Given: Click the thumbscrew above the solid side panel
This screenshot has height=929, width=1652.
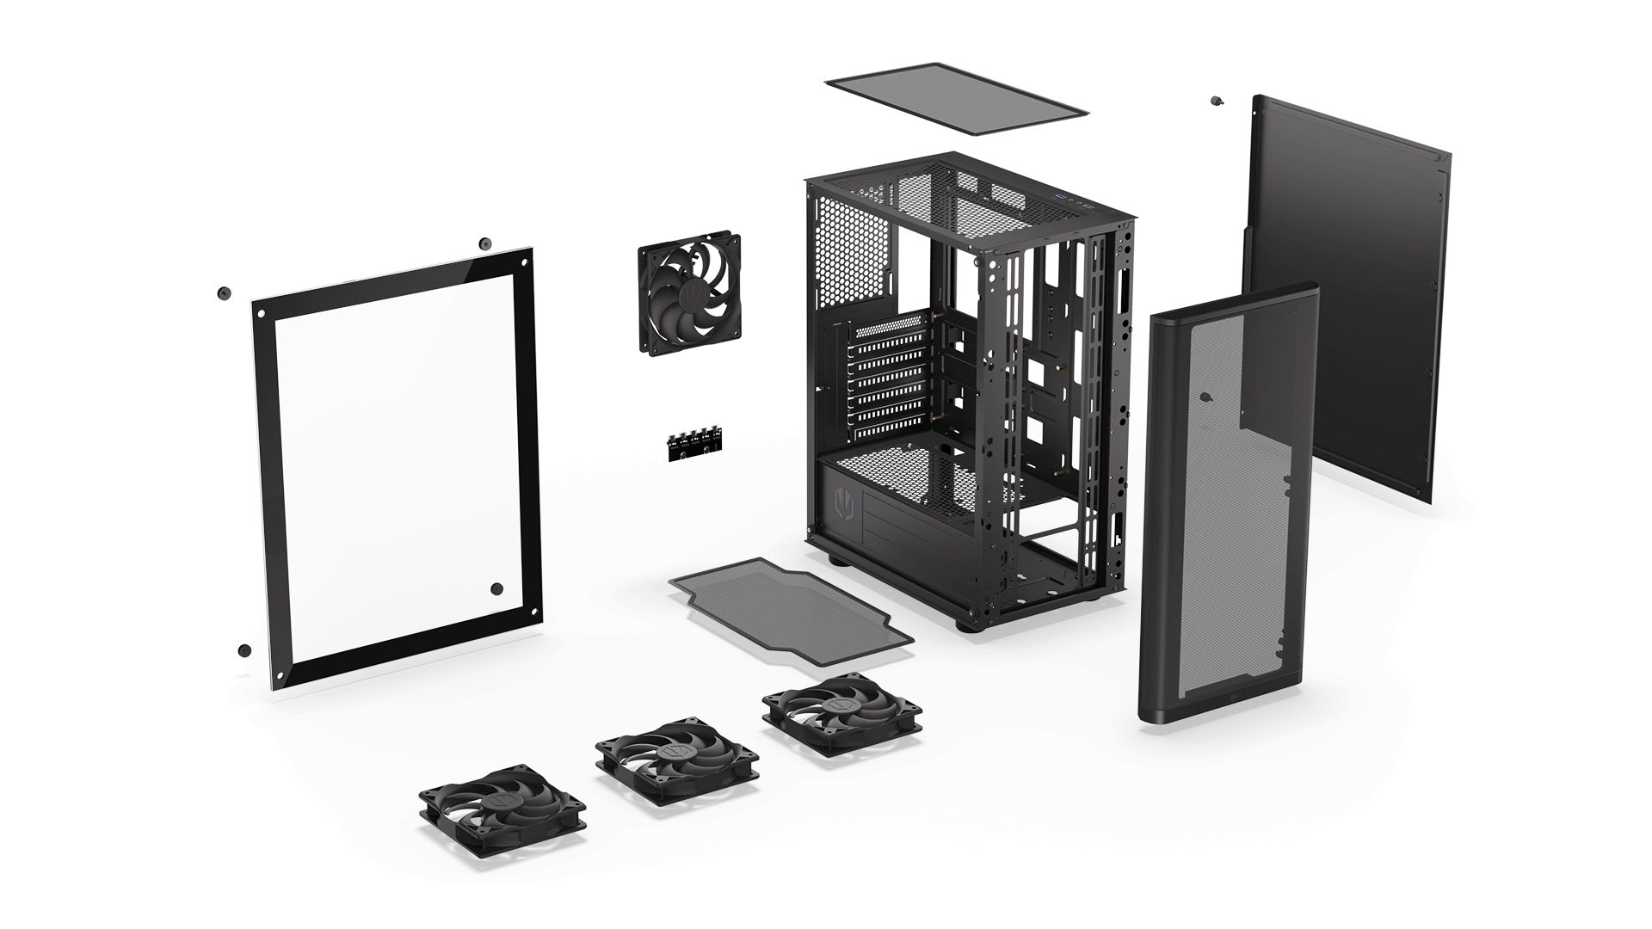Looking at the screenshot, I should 1216,101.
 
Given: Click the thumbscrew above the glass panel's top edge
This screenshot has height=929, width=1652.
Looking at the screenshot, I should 485,243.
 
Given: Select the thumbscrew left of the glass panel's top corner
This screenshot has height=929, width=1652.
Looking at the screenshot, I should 225,292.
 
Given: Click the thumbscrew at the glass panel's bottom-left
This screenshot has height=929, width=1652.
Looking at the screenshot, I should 244,649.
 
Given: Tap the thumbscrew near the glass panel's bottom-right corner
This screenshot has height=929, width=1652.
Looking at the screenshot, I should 496,588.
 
